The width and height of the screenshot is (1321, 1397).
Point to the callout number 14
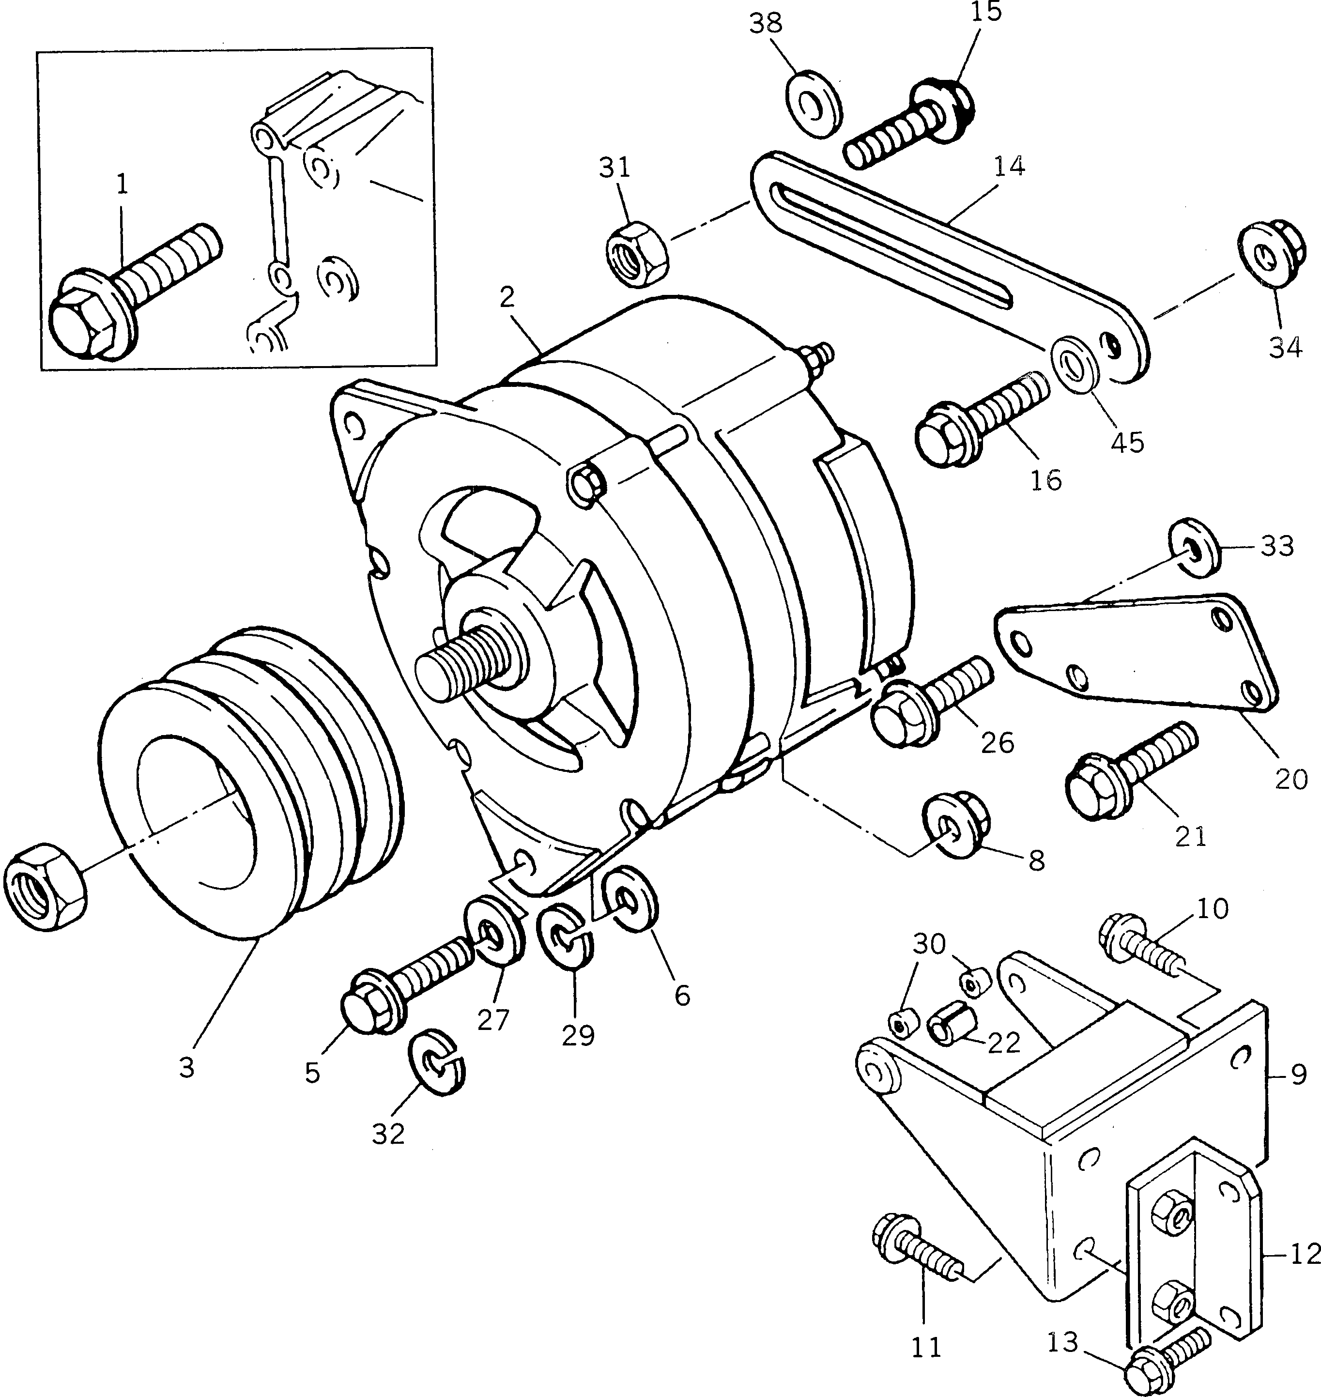pyautogui.click(x=1010, y=166)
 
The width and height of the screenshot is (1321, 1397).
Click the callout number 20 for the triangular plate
pyautogui.click(x=1290, y=779)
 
